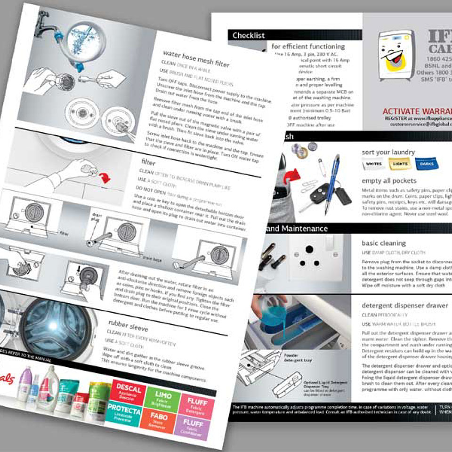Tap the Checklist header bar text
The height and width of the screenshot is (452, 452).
click(249, 35)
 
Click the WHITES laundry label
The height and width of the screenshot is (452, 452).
click(374, 163)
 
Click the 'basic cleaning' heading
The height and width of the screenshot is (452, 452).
click(383, 243)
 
